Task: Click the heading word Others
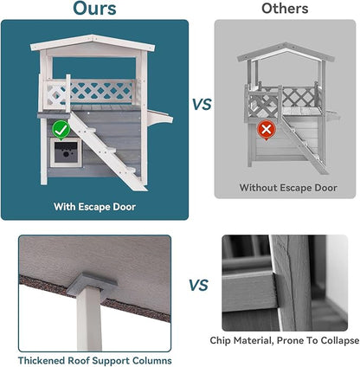[x=286, y=10]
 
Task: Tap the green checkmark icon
[x=60, y=130]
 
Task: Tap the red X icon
[x=267, y=129]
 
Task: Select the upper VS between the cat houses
[x=201, y=104]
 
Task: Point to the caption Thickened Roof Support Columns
[x=95, y=359]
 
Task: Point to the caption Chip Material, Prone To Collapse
[x=285, y=341]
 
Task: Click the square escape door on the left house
[x=66, y=155]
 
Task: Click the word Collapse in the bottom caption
[x=337, y=341]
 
